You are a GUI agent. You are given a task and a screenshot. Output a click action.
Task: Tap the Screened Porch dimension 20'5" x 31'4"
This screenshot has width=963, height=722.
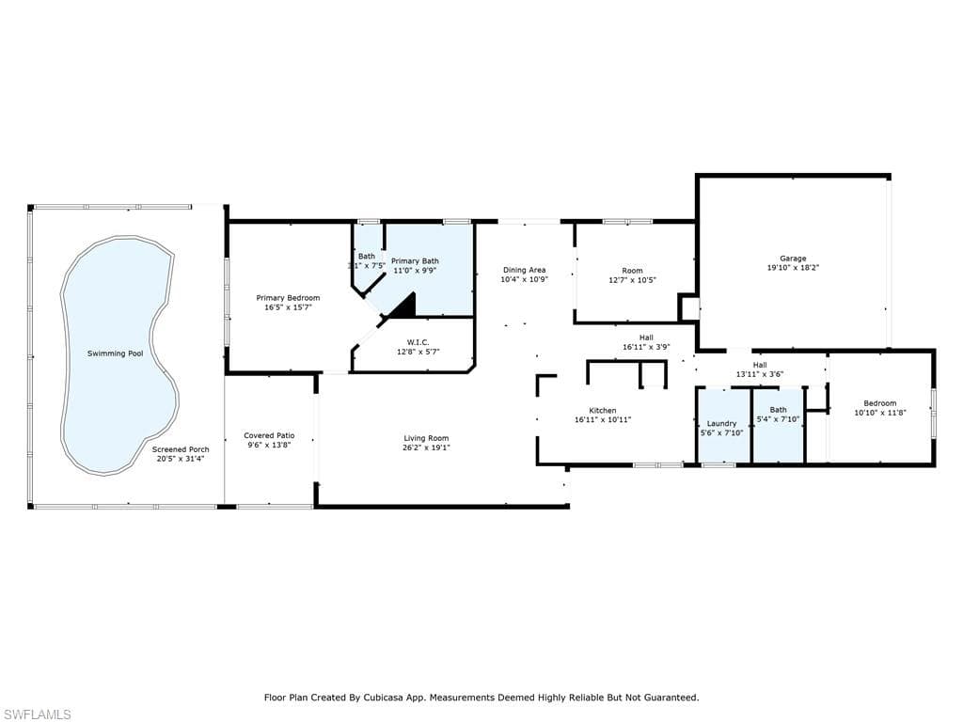click(x=181, y=459)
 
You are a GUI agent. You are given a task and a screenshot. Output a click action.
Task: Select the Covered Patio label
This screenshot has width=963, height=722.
click(x=269, y=435)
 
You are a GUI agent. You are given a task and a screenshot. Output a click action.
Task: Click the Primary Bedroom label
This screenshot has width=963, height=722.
click(x=288, y=298)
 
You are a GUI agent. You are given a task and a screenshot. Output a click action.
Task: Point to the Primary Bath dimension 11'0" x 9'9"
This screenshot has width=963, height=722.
click(x=415, y=271)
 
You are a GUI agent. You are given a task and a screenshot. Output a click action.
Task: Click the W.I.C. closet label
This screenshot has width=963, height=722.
click(x=418, y=341)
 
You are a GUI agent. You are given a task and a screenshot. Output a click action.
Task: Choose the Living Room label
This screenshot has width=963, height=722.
click(x=426, y=438)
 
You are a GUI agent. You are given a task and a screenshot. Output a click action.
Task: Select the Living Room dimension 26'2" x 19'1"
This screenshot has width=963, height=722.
click(x=426, y=447)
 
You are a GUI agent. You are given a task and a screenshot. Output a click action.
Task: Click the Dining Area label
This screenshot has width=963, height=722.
click(x=524, y=270)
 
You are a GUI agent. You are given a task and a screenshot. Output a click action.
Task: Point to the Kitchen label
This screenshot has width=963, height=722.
click(x=603, y=410)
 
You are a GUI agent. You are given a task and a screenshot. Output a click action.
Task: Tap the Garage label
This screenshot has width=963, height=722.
click(x=793, y=259)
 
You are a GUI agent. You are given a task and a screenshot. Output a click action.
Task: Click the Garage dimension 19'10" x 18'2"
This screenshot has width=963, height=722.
click(x=793, y=268)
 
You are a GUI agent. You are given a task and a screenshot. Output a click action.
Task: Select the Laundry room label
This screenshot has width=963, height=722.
click(x=722, y=423)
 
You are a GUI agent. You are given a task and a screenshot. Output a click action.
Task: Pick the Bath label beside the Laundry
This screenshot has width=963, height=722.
click(x=778, y=410)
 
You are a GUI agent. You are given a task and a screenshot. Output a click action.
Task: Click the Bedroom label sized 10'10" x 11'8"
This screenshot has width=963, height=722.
click(x=880, y=403)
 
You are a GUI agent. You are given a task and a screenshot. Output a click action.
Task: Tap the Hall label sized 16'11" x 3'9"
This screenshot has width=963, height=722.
click(x=646, y=337)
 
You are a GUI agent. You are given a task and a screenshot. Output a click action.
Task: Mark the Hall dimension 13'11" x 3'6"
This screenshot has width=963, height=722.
click(x=760, y=374)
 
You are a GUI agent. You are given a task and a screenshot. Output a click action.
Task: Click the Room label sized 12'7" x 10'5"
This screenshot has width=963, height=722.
click(x=633, y=271)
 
